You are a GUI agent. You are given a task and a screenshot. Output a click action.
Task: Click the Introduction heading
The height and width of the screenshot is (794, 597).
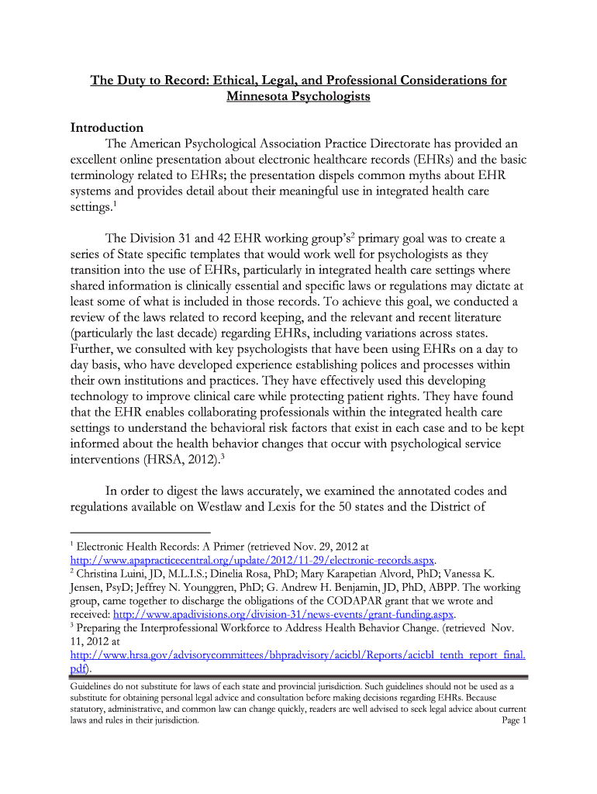(x=107, y=127)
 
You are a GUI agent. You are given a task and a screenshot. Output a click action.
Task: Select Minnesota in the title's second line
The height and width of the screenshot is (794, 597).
(x=260, y=97)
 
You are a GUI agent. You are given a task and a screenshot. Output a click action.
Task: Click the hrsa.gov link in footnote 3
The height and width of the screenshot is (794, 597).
(x=298, y=655)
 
